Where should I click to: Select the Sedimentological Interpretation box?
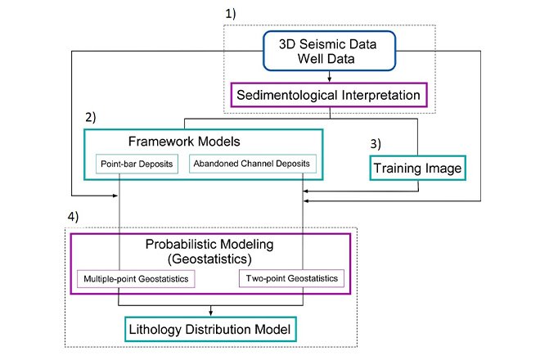[x=328, y=95]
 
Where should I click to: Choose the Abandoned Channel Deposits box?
[x=252, y=164]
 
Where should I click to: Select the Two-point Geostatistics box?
[x=291, y=279]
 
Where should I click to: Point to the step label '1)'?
[x=232, y=14]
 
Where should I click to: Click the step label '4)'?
[x=73, y=220]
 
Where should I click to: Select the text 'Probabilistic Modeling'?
[x=209, y=245]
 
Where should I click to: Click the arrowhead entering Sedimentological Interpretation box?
[x=328, y=79]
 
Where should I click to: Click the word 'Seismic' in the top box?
[x=323, y=44]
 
